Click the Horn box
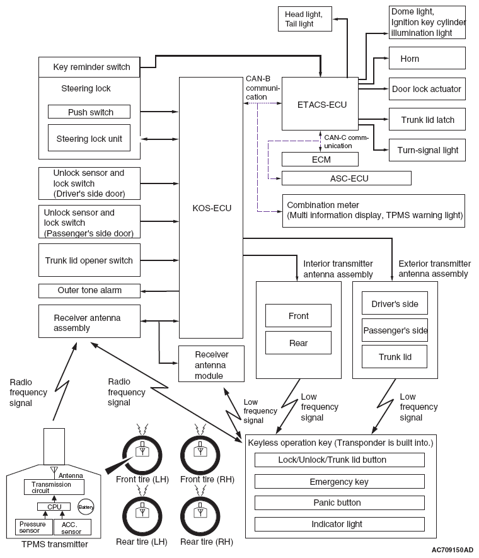tap(427, 59)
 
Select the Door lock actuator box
tap(427, 89)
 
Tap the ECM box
tap(320, 160)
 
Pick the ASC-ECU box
tap(347, 178)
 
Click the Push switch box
tap(89, 112)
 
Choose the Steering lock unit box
tap(89, 138)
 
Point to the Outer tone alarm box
tap(89, 291)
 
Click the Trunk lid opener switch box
tap(89, 260)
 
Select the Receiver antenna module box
tap(211, 364)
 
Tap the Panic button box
tap(340, 503)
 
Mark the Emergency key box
tap(340, 482)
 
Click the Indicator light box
tap(340, 524)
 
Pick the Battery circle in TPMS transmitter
tap(86, 507)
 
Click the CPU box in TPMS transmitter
tap(54, 506)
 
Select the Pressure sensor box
tap(34, 527)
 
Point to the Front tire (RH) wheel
tap(200, 455)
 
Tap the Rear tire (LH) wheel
tap(142, 516)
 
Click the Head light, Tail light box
tap(305, 19)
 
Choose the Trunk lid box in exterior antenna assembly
tap(395, 357)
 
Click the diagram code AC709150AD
tap(452, 550)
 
